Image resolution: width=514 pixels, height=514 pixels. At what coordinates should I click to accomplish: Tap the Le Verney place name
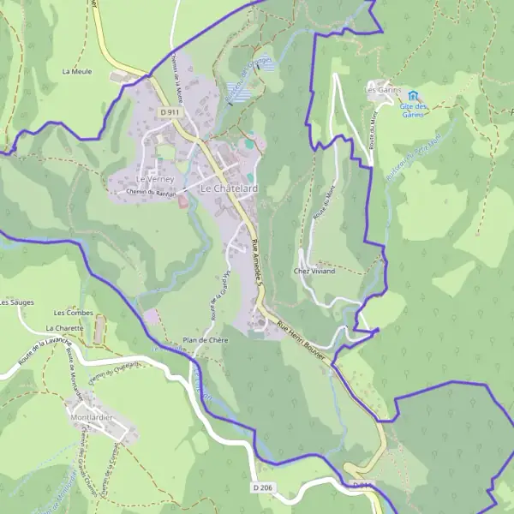coord(155,178)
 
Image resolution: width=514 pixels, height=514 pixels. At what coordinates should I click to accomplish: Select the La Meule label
coord(77,71)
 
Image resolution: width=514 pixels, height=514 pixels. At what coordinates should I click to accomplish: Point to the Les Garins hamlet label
coord(383,89)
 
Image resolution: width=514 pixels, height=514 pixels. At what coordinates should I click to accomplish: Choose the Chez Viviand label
coord(314,271)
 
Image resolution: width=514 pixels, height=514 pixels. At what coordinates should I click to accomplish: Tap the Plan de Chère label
coord(204,340)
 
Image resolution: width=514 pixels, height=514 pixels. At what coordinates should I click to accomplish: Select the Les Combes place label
coord(73,314)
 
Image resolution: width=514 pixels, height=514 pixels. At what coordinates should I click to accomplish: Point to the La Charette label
coord(65,328)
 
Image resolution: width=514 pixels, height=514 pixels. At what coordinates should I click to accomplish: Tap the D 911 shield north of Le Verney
coord(170,111)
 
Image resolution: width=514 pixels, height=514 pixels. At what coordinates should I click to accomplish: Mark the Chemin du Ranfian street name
coord(149,193)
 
